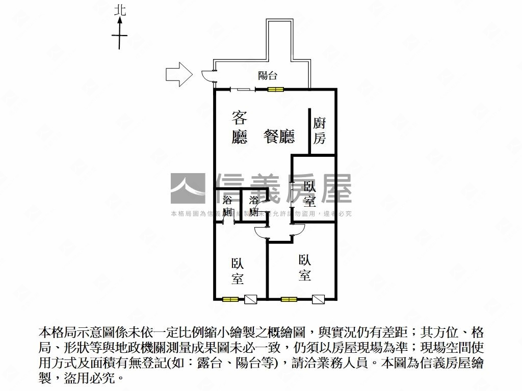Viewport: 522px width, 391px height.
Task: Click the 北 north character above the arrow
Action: [120, 10]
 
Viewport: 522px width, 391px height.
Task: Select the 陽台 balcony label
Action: [268, 76]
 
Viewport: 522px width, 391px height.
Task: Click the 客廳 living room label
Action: [240, 128]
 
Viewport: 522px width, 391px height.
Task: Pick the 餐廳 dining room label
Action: [279, 136]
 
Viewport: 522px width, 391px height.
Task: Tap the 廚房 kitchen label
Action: [320, 130]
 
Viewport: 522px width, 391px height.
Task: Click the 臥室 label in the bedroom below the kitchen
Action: [309, 193]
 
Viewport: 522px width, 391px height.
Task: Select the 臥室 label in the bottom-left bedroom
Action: [237, 271]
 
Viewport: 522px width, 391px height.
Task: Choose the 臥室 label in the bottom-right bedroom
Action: [305, 268]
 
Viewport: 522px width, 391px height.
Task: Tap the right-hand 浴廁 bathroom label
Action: [254, 206]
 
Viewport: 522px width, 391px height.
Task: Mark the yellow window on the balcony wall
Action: [276, 90]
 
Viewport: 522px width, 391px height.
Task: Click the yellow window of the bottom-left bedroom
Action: [230, 299]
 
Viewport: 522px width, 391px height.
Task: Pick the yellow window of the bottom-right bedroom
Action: [289, 299]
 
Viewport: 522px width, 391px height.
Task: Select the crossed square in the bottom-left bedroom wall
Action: [251, 299]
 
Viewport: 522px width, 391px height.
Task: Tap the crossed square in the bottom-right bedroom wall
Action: [319, 299]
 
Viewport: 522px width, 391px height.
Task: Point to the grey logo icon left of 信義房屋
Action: [188, 189]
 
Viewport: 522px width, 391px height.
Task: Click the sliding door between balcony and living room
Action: [243, 90]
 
